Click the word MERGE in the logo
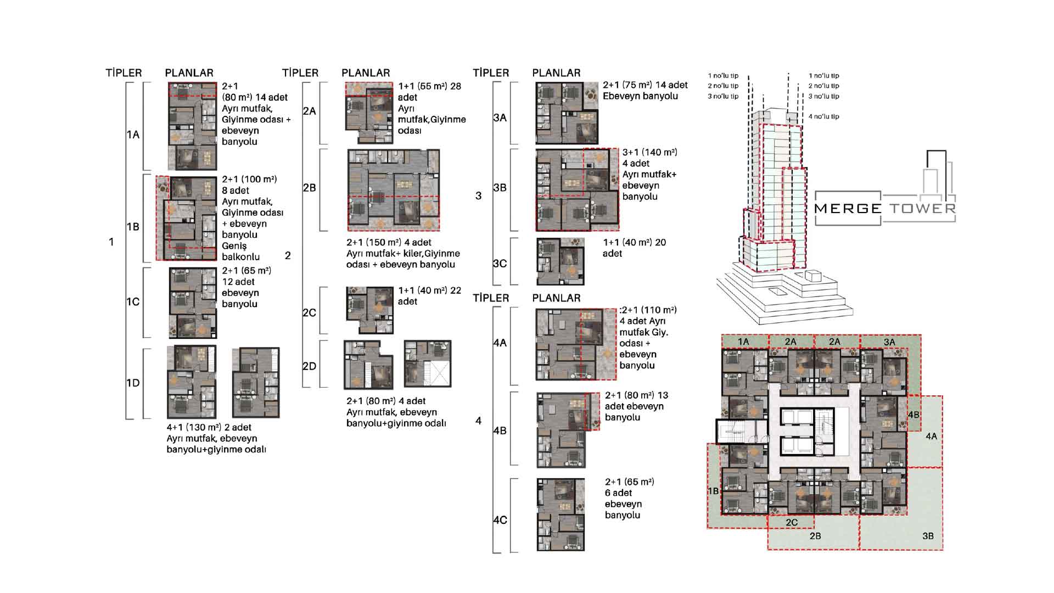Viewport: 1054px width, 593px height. click(848, 209)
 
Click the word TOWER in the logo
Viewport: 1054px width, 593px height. click(923, 209)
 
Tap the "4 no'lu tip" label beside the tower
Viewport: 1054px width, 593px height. click(823, 116)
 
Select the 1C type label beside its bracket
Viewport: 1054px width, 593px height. click(133, 302)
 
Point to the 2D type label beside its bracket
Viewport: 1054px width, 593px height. click(310, 366)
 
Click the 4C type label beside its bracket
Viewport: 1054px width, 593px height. click(500, 520)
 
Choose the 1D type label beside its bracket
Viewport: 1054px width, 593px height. click(133, 383)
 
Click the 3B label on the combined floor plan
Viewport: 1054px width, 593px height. click(928, 536)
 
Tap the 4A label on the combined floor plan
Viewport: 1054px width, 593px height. click(931, 437)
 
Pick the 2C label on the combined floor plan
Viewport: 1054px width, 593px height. click(792, 523)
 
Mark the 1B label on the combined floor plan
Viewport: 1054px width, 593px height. click(713, 491)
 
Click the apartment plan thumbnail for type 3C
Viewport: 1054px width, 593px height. click(560, 261)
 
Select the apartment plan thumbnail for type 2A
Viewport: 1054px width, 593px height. click(369, 113)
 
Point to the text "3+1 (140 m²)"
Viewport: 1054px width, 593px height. click(650, 153)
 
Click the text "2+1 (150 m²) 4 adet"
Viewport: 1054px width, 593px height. click(389, 243)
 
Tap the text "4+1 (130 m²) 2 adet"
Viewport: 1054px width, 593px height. click(209, 428)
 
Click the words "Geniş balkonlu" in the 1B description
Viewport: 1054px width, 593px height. click(240, 251)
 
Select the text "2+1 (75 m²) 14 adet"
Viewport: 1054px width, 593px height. click(645, 85)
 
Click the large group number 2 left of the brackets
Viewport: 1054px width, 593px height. click(288, 256)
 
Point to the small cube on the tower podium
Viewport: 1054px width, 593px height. click(812, 276)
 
